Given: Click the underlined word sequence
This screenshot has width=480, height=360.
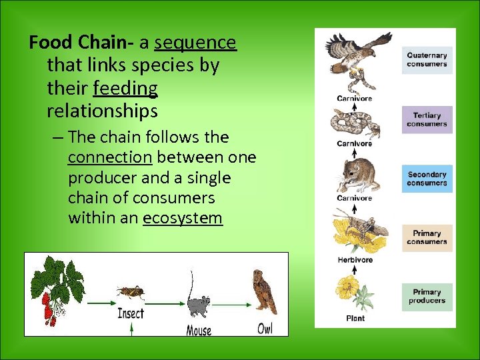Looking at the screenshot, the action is point(195,43).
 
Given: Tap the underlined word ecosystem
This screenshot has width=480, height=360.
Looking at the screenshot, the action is point(182,218).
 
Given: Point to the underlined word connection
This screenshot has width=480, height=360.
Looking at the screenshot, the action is point(110,158).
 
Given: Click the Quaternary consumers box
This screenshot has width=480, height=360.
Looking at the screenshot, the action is point(427,60).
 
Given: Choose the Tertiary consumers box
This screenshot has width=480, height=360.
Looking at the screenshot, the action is point(427,120).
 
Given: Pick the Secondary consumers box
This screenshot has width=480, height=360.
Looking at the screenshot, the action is point(427,179).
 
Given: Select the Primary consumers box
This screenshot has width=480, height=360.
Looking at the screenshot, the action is point(427,238).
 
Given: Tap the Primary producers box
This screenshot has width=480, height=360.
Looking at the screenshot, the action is point(427,297).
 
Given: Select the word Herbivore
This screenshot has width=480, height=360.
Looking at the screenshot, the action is point(355,260).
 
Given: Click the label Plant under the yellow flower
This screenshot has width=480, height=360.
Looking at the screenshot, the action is point(355,319).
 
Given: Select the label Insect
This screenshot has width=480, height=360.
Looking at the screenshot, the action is point(131,313).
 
